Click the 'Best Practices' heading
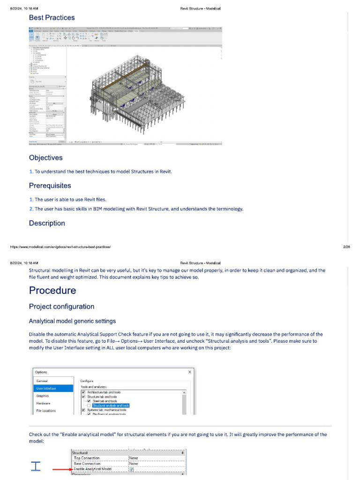coord(52,18)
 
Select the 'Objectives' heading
coord(45,158)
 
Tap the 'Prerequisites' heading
coord(50,186)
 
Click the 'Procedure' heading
coord(52,291)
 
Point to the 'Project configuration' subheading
coord(61,307)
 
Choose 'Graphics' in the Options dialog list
coord(43,396)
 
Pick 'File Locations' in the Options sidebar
coord(46,411)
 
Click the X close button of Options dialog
coord(190,372)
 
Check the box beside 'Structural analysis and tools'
coord(89,405)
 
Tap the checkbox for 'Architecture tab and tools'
coord(84,392)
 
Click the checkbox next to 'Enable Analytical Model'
coord(131,469)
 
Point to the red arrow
coord(61,469)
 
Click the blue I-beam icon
coord(36,466)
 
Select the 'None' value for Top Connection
coord(134,458)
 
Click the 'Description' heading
coord(47,223)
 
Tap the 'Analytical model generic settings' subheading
coord(72,321)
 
